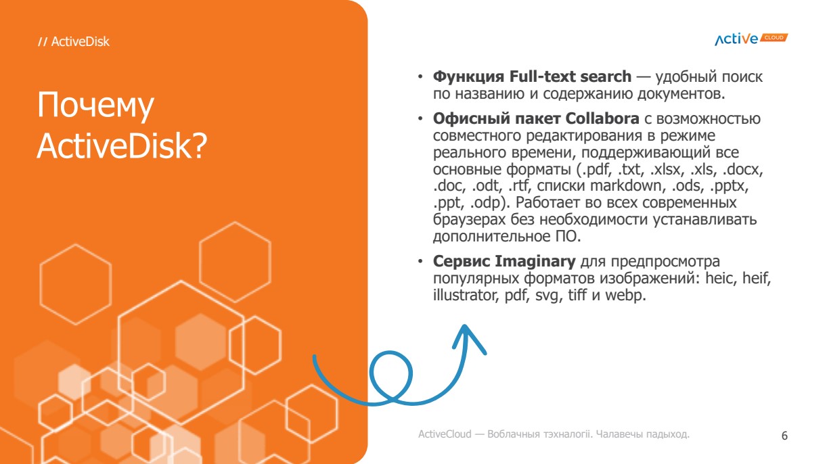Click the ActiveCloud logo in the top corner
pos(751,39)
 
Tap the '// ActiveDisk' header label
pos(74,41)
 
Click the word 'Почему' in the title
pos(95,106)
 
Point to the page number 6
pos(784,436)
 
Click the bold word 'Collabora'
pos(602,118)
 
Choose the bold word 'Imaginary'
pos(535,261)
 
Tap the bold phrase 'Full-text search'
pos(570,76)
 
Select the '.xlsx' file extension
pos(665,169)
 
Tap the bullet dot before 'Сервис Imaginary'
pos(420,261)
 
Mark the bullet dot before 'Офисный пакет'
pos(420,119)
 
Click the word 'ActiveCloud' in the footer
pos(445,434)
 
